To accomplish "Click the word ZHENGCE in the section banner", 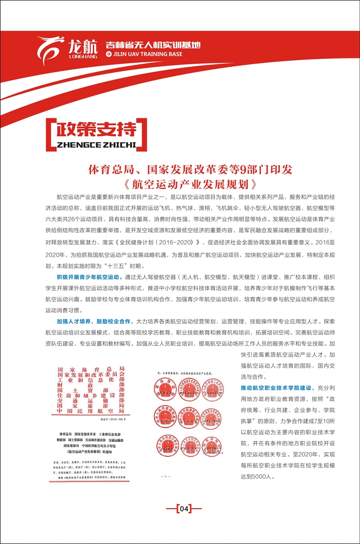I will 77,145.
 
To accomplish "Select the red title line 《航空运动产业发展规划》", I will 191,184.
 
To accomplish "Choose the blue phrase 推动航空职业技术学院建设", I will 277,387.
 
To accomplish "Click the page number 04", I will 184,509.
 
